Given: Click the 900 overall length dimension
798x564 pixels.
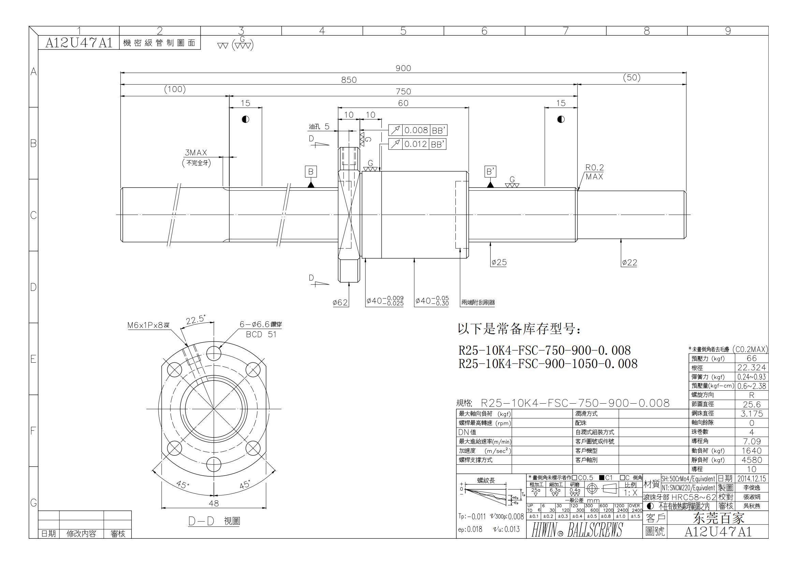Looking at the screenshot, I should [403, 68].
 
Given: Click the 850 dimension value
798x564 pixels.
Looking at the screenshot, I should [349, 80].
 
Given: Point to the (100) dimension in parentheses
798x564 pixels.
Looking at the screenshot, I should [175, 89].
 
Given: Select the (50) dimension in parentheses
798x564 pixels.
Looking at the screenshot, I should [632, 77].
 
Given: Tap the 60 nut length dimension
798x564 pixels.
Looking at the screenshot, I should [403, 103].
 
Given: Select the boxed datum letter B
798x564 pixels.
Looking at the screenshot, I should [311, 171].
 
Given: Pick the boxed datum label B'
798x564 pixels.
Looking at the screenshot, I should [490, 171].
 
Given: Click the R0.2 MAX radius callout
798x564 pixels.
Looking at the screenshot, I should [594, 172].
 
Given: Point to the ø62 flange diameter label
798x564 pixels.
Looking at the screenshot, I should [340, 303].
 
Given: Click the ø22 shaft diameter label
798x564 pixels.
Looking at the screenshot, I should [629, 263].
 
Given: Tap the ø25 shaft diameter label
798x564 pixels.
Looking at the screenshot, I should [499, 262].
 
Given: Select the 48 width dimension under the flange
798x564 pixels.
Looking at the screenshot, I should [214, 503].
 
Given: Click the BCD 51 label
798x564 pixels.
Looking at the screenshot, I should [261, 334].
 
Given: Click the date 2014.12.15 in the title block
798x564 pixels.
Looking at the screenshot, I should [751, 478].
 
